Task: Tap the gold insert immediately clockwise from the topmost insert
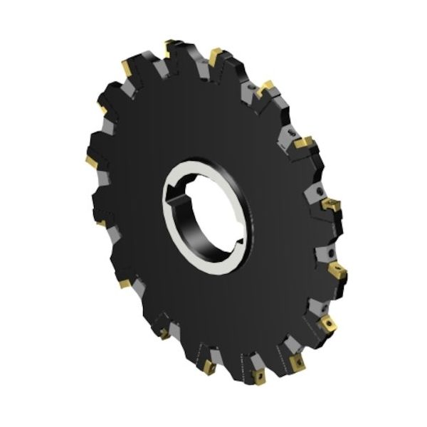point(215,56)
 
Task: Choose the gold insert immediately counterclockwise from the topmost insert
point(126,68)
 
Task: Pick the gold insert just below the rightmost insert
point(329,324)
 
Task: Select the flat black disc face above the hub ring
point(206,121)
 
